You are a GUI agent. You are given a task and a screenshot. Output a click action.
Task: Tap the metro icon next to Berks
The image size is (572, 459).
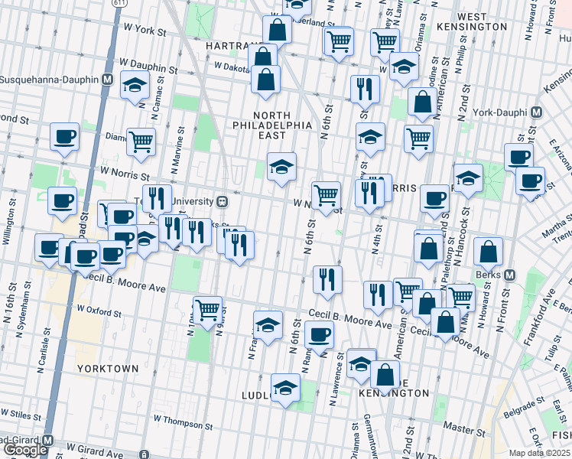coord(510,275)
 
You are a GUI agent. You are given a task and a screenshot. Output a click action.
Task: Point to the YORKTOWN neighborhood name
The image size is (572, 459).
coord(108,368)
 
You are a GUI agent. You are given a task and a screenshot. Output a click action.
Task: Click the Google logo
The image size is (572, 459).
coord(25,451)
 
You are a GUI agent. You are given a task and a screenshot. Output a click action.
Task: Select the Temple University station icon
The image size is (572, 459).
coord(222,202)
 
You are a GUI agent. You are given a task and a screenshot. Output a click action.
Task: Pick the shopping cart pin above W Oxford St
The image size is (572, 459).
coord(206,309)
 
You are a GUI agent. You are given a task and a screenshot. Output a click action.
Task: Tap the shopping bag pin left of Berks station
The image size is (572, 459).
coord(489,250)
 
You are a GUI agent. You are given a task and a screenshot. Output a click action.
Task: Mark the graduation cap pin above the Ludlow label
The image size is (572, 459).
coord(285,387)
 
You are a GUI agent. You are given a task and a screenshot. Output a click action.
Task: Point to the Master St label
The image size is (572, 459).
coord(459,429)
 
